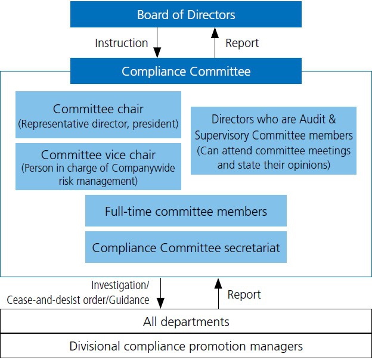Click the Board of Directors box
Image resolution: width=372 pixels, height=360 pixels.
coord(186,14)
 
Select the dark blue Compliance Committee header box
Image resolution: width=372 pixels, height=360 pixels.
coord(186,71)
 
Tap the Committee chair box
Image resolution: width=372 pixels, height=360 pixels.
coord(98,115)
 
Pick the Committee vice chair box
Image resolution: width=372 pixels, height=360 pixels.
coord(98,166)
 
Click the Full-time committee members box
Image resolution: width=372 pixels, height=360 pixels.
coord(186,210)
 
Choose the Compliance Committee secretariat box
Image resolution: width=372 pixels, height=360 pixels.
coord(186,247)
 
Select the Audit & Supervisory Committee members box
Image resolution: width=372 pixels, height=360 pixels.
coord(274,141)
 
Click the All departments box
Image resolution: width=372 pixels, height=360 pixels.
coord(186,321)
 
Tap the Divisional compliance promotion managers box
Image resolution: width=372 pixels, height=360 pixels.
coord(186,346)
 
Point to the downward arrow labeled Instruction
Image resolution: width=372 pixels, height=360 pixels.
coord(157,42)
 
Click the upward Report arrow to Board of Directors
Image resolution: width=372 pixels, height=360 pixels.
coord(215,42)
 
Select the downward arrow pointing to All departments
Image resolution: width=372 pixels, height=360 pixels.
coord(160,293)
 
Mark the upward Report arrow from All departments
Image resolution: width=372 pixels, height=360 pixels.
coord(218,293)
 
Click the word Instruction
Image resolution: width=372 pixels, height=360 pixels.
coord(122,43)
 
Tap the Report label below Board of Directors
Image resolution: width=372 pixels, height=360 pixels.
coord(242,44)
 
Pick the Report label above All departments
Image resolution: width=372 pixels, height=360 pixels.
coord(244,295)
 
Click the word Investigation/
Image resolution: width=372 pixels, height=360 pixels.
coord(120,285)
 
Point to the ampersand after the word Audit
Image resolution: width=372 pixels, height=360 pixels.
coord(332,119)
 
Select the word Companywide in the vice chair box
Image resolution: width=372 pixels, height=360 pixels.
coord(143,168)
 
